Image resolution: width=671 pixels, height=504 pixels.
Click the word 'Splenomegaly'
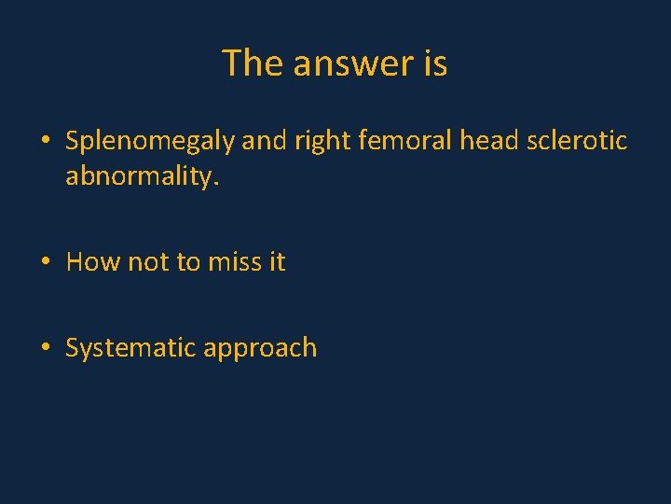[x=150, y=142]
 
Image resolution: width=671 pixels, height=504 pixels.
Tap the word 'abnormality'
[x=141, y=177]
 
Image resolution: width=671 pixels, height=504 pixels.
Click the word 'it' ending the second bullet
[x=277, y=262]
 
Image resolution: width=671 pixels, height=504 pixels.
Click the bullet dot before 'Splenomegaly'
[x=45, y=143]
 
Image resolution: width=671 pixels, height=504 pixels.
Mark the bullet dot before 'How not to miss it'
[x=45, y=263]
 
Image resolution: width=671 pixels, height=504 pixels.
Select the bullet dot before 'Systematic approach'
[x=45, y=349]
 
